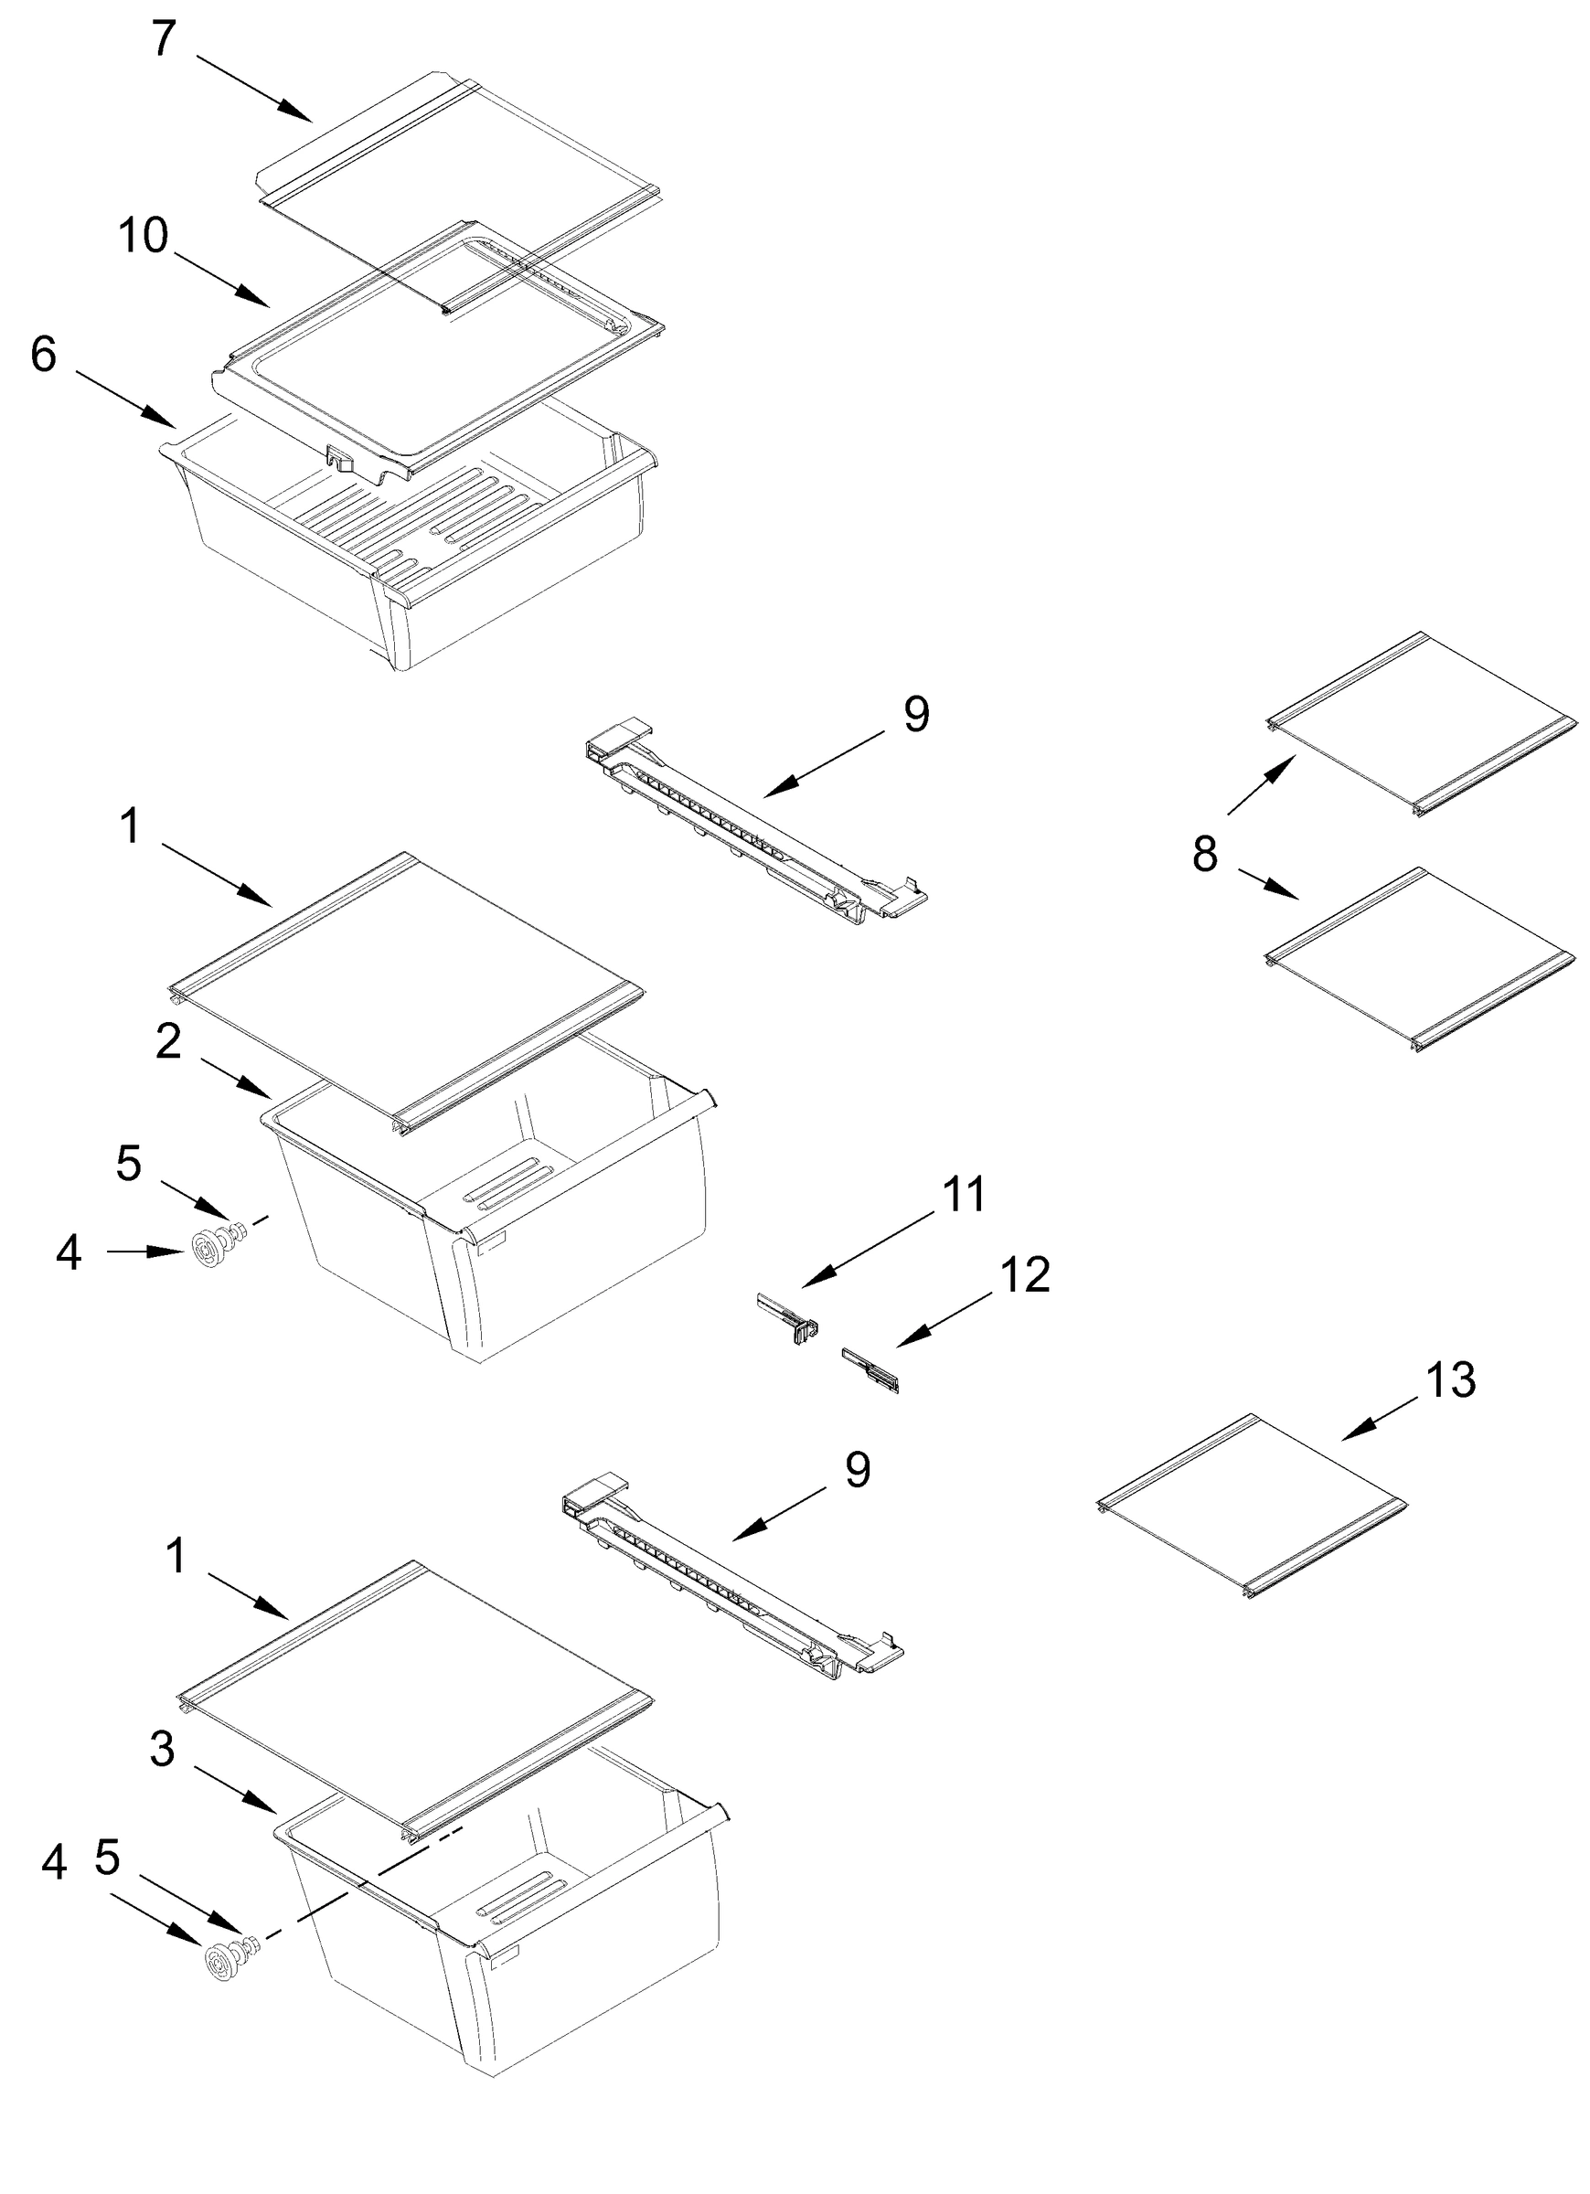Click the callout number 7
click(x=164, y=38)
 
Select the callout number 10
click(x=144, y=235)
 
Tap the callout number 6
click(x=44, y=355)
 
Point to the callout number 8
click(x=1204, y=855)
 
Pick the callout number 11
click(x=963, y=1195)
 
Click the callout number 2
click(x=167, y=1041)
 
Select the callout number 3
click(x=162, y=1749)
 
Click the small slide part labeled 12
click(x=871, y=1369)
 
